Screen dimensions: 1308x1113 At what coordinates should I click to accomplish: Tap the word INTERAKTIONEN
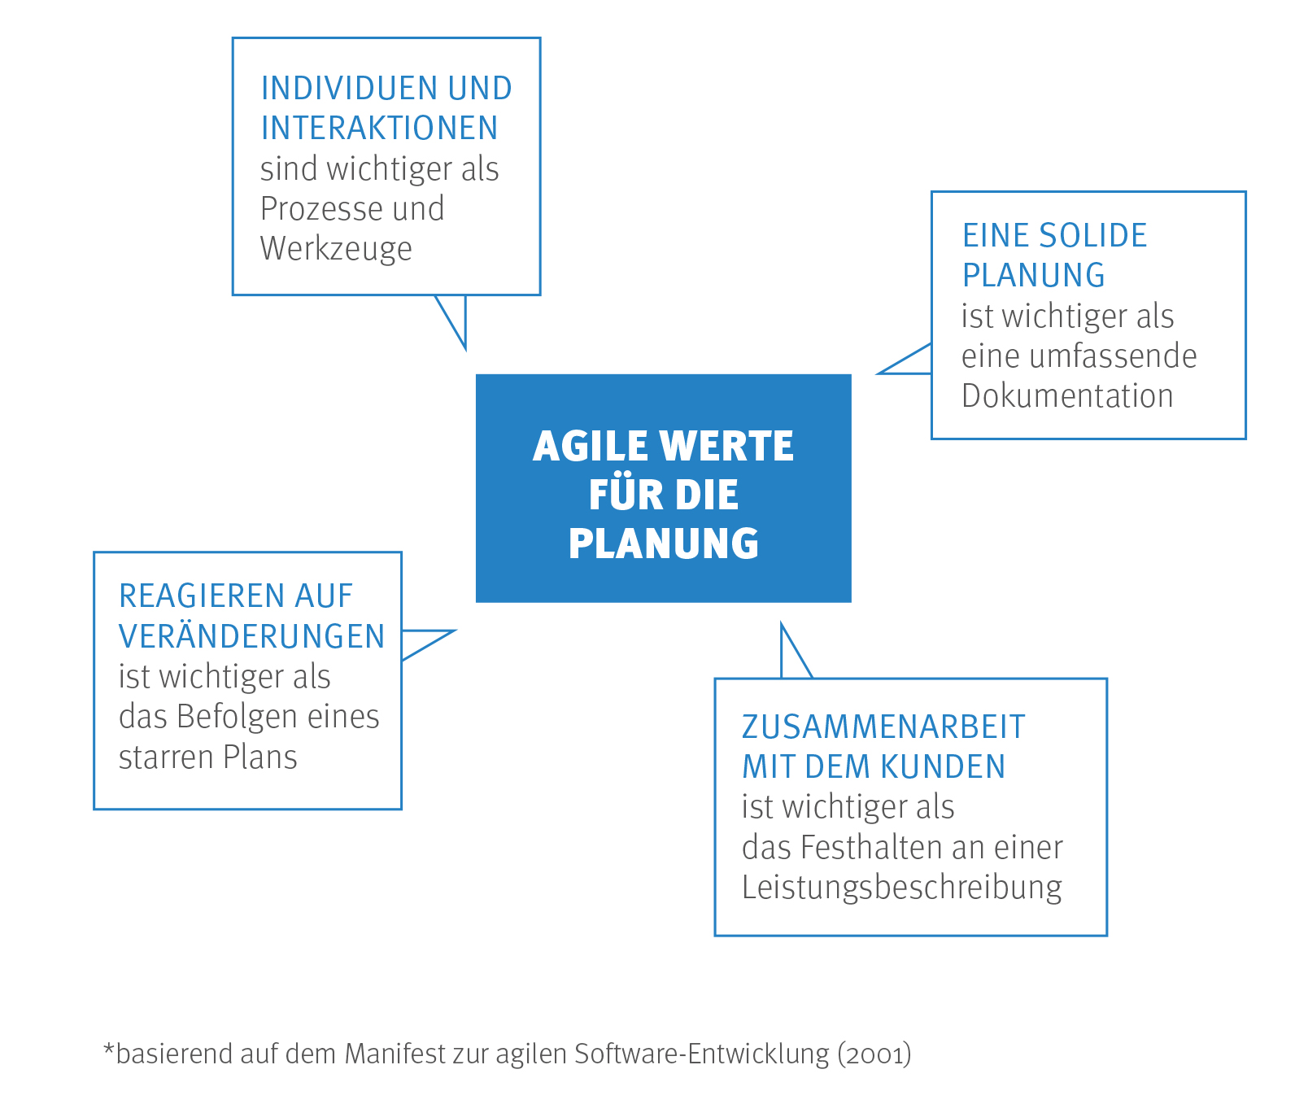379,129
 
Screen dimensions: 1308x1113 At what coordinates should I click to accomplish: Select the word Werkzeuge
336,250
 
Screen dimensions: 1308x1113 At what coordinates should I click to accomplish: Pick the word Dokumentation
1067,396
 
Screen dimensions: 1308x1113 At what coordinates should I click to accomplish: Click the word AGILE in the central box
590,446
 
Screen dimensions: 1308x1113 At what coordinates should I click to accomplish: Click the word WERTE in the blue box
726,446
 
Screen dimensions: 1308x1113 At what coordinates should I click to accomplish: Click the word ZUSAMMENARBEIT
883,727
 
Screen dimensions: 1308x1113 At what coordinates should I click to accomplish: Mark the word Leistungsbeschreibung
902,888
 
